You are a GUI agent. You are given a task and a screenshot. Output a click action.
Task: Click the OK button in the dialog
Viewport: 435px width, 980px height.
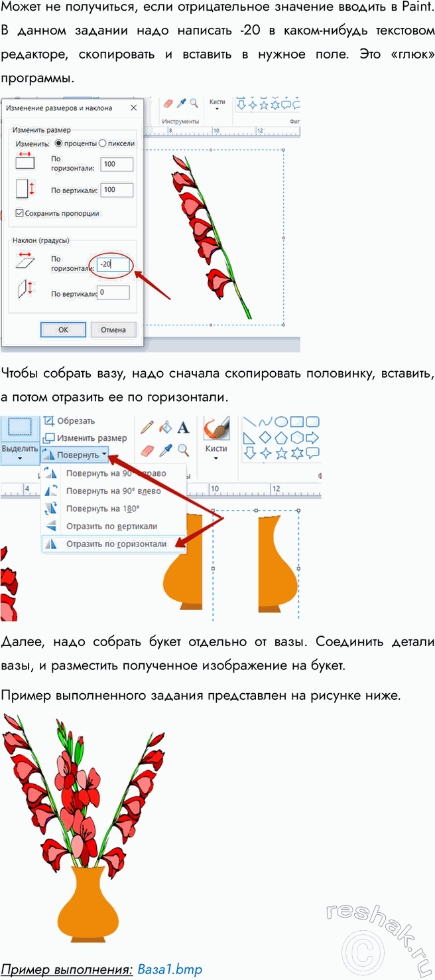[x=63, y=329]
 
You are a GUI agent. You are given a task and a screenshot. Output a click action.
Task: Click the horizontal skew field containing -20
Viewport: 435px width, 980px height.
[x=113, y=264]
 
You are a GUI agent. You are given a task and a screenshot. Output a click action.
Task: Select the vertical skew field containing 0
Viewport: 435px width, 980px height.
[x=113, y=292]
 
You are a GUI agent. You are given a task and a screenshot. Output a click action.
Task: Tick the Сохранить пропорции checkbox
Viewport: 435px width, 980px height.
[x=19, y=213]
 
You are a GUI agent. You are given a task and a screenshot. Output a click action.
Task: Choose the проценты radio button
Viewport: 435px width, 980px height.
[x=58, y=143]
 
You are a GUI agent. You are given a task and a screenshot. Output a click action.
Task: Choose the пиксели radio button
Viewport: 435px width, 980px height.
[x=103, y=143]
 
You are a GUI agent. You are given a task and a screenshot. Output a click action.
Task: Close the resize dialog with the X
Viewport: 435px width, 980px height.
[x=134, y=108]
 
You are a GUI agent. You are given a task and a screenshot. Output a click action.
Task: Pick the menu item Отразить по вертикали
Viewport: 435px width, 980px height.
[x=111, y=527]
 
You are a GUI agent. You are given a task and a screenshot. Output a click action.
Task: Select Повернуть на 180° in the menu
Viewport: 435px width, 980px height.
[x=103, y=509]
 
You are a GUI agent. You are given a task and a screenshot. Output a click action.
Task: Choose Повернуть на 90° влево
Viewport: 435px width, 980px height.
[x=113, y=491]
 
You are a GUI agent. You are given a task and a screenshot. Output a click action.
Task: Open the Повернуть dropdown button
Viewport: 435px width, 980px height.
[x=75, y=455]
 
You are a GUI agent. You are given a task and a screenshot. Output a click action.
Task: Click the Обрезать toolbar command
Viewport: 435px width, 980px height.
[x=69, y=421]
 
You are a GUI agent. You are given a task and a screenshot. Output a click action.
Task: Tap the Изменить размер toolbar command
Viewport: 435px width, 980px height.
[x=85, y=438]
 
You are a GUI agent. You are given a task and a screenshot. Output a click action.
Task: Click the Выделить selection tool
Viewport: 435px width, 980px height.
[x=20, y=440]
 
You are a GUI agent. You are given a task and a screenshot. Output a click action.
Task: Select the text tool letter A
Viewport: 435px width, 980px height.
[x=184, y=428]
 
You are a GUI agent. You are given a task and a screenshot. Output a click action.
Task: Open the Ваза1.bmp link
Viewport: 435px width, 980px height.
[x=170, y=969]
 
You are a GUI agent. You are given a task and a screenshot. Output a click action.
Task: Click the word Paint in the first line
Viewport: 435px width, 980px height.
[x=418, y=7]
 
